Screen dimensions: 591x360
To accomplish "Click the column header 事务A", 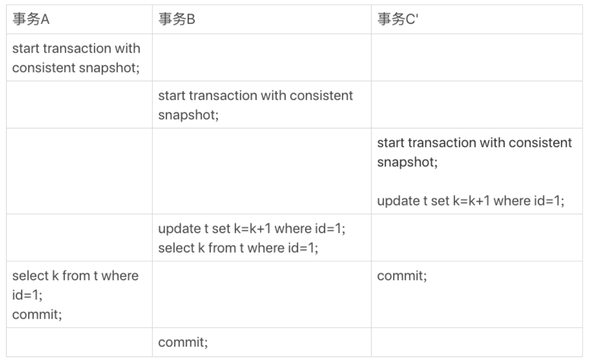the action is pyautogui.click(x=31, y=19).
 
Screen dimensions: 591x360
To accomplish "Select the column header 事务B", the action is pyautogui.click(x=177, y=19).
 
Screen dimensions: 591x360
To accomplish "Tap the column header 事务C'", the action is pyautogui.click(x=398, y=19).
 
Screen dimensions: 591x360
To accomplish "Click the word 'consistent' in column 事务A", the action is pyautogui.click(x=44, y=68).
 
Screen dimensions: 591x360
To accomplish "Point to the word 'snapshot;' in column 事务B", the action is pyautogui.click(x=188, y=115).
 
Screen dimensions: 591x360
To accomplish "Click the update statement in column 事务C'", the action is pyautogui.click(x=471, y=201).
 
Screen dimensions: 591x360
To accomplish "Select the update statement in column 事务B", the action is pyautogui.click(x=252, y=229).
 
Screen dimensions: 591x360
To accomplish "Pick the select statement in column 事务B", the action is pyautogui.click(x=238, y=248).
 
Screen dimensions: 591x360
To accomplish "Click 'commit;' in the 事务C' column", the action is pyautogui.click(x=402, y=276).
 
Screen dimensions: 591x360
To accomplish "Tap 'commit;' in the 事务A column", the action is pyautogui.click(x=37, y=315).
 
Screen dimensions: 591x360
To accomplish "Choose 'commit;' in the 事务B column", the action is pyautogui.click(x=183, y=342).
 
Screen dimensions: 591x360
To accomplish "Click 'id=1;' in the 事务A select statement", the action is pyautogui.click(x=27, y=295).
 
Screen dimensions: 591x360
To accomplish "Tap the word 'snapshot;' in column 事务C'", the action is pyautogui.click(x=407, y=162).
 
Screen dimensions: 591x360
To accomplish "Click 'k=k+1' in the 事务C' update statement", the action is pyautogui.click(x=471, y=201).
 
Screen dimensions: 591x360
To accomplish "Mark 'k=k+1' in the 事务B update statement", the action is pyautogui.click(x=252, y=229).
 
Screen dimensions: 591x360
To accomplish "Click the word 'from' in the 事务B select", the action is pyautogui.click(x=222, y=248).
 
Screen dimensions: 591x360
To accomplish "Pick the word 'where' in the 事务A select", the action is pyautogui.click(x=120, y=276).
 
